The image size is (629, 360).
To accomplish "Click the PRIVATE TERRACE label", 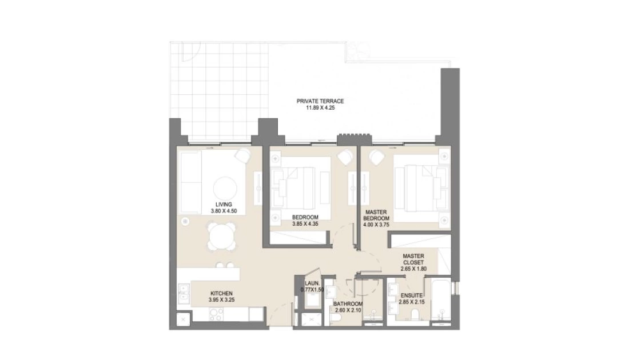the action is (x=320, y=101).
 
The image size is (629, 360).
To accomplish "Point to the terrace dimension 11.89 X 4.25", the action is (x=320, y=108).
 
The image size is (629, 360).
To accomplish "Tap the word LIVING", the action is (x=224, y=205).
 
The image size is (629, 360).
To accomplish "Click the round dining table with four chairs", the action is (x=221, y=237).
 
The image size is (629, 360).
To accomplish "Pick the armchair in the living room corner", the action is (x=242, y=156).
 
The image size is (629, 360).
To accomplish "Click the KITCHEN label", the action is (x=221, y=294).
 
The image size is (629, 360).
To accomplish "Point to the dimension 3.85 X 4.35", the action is (x=305, y=224).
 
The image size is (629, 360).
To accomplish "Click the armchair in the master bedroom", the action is (x=377, y=157).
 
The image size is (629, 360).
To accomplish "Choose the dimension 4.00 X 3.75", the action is (x=376, y=225).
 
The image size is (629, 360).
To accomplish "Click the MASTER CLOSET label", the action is (x=413, y=259).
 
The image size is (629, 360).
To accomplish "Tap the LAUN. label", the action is (x=312, y=283).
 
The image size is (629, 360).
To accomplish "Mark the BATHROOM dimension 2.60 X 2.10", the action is (x=348, y=310).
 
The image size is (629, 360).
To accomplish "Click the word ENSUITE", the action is (x=412, y=295).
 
